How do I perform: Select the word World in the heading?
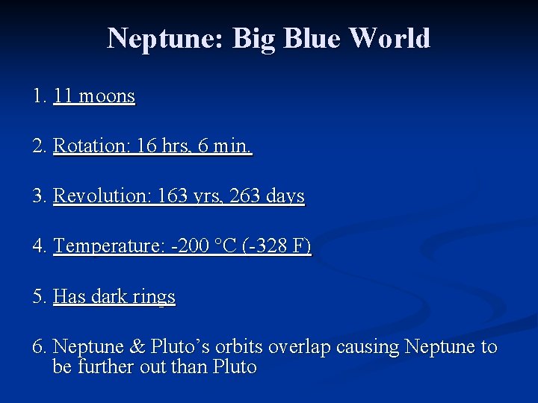click(x=389, y=38)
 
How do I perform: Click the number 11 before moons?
click(x=64, y=96)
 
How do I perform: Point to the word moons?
click(x=107, y=96)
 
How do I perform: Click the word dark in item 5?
click(x=108, y=297)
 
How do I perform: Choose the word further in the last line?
click(x=105, y=367)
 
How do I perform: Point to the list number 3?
click(x=37, y=196)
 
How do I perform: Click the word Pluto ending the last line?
click(x=235, y=367)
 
